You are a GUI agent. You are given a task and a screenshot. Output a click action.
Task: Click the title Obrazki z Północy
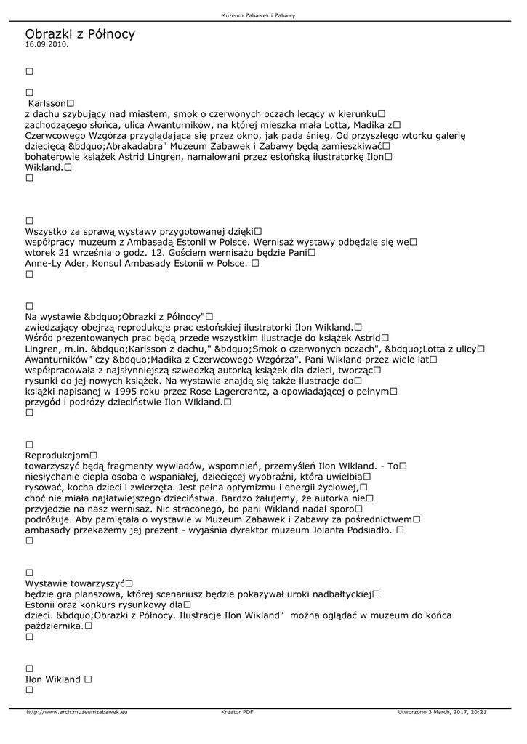point(80,34)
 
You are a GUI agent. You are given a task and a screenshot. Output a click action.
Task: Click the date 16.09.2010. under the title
point(47,44)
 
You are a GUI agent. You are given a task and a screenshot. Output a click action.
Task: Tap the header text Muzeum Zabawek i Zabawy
point(263,15)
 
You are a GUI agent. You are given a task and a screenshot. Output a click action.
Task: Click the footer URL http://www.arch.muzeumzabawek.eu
point(77,712)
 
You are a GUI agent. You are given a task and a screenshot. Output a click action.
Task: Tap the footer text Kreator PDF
point(237,712)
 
